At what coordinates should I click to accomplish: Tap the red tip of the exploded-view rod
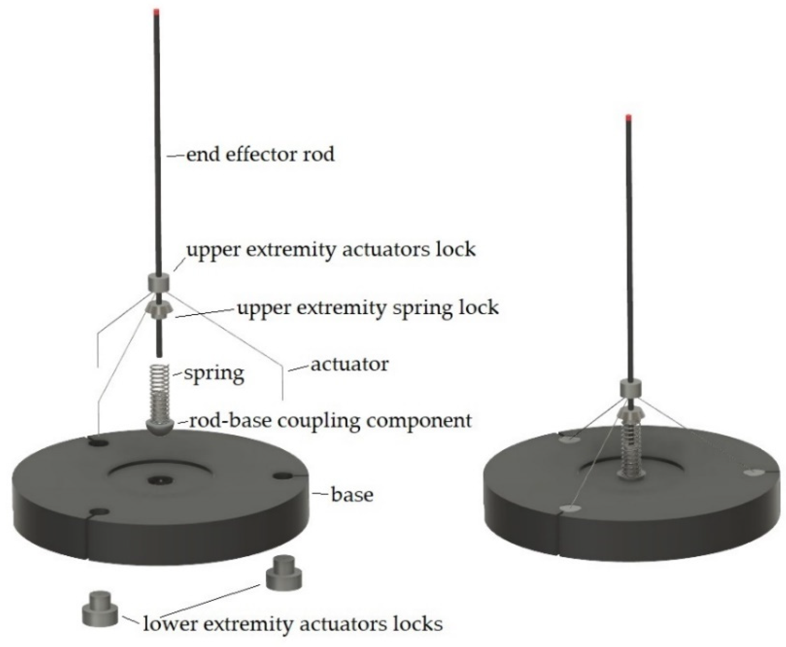(157, 11)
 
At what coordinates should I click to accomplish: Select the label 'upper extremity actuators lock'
(331, 249)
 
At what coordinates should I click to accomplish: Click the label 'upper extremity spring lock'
(368, 308)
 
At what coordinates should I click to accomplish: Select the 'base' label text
(352, 495)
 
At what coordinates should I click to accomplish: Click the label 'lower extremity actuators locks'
(293, 624)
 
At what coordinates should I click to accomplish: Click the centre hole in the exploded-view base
(159, 481)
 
